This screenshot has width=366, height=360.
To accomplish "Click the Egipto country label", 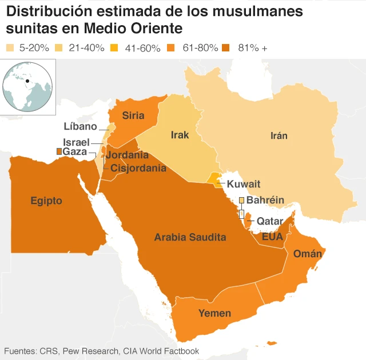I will tap(46, 201).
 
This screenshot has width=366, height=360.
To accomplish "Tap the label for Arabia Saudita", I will tap(190, 237).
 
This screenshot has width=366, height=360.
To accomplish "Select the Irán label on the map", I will tap(279, 135).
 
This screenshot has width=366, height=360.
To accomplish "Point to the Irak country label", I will tap(180, 135).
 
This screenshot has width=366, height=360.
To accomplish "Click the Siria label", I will tap(133, 115).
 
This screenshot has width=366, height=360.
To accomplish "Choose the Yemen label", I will tap(214, 313).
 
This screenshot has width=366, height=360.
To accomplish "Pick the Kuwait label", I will tap(243, 184).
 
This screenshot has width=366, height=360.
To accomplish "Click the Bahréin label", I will tap(265, 200).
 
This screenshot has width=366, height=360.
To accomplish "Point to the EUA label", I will tap(272, 236).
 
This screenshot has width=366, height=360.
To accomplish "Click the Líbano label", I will tap(81, 126).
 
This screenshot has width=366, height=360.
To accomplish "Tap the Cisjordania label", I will tap(138, 168).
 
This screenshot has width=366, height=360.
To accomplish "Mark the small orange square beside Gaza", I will tap(58, 151).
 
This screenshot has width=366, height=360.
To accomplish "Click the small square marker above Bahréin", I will tap(241, 200).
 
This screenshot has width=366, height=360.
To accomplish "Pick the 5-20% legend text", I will tap(35, 48).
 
